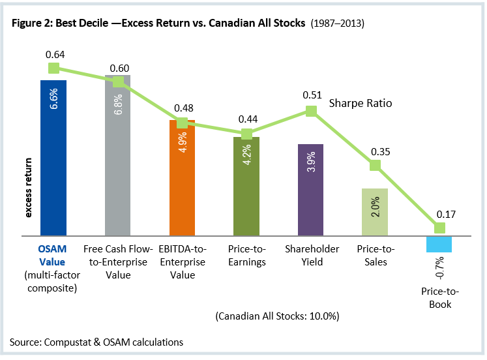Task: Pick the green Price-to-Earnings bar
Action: pos(246,186)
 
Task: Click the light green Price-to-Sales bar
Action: pos(375,212)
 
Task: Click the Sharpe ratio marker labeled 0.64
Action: pos(54,68)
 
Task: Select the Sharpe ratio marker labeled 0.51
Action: pos(311,112)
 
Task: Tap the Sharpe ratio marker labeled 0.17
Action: pos(439,228)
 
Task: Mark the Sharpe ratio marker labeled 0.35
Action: pos(375,166)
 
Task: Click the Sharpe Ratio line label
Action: pos(360,104)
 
